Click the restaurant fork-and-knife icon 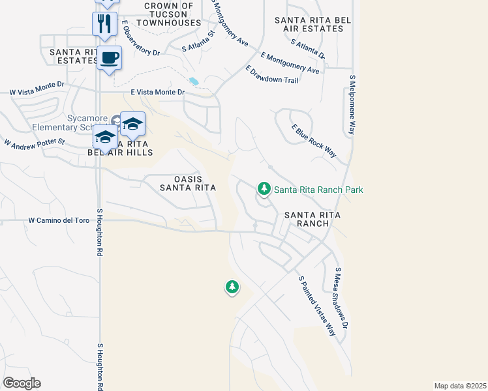104,23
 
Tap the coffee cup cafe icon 109,58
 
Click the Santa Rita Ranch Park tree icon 264,189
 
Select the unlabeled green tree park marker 232,286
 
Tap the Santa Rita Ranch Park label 318,190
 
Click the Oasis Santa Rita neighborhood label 188,183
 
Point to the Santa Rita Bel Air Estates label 313,25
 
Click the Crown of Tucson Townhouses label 169,14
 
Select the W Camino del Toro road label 59,221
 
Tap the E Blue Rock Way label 314,141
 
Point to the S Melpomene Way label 352,104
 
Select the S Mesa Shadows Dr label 342,297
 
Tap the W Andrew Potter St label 35,141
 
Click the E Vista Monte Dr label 158,93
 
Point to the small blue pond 193,81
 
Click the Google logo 22,383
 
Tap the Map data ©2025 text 459,386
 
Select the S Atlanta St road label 199,41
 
